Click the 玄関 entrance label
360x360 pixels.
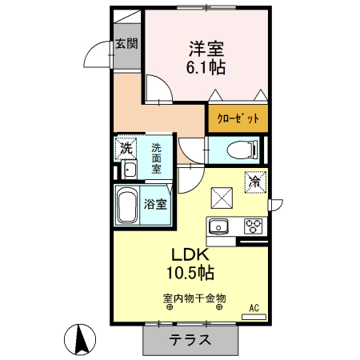tap(126, 43)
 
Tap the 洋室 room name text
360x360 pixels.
tap(205, 48)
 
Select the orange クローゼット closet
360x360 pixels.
tap(238, 118)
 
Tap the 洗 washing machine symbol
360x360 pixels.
tap(126, 147)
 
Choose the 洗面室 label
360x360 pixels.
tap(157, 158)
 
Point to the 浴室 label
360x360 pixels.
tap(156, 203)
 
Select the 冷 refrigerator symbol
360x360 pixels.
tap(255, 181)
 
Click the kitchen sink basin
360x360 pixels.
tap(219, 226)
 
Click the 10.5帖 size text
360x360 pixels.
tap(189, 274)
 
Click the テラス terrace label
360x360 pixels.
tap(190, 339)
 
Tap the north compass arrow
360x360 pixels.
tap(80, 339)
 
